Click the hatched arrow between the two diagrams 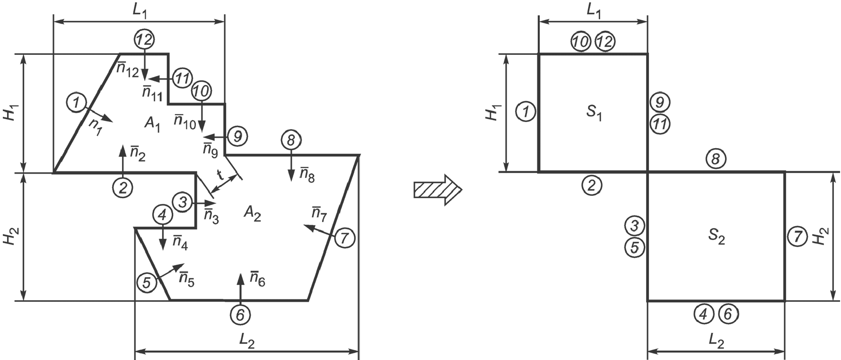[437, 190]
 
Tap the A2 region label [253, 214]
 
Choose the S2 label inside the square [717, 238]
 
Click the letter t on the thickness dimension [220, 175]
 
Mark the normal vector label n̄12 [128, 70]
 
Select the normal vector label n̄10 [184, 121]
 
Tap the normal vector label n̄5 [186, 279]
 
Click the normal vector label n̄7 [319, 214]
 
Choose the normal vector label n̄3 [211, 215]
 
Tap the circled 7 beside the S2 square [798, 237]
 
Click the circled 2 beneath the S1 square [591, 185]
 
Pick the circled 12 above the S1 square [604, 42]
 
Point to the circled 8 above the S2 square [716, 159]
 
